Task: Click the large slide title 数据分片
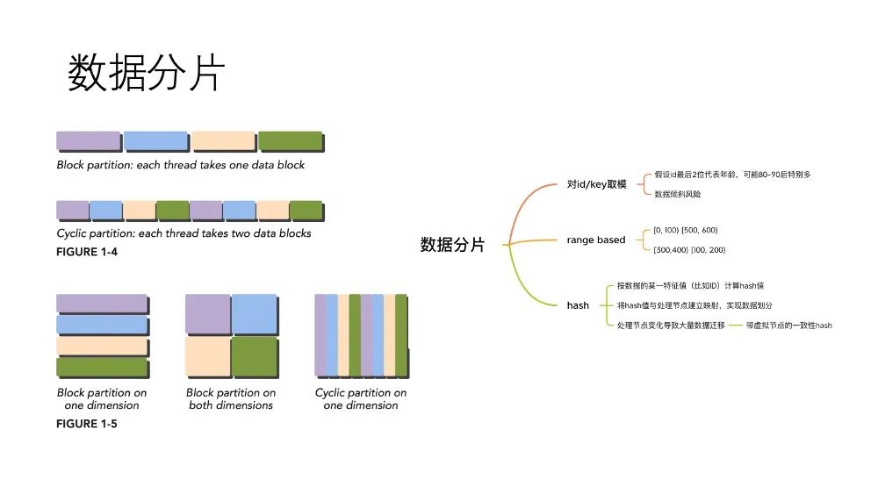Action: pos(146,73)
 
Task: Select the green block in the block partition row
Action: pos(290,140)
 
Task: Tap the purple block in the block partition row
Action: pos(89,140)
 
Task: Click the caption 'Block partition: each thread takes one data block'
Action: pos(180,165)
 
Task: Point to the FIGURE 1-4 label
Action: pos(87,252)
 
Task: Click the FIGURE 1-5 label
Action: pos(87,424)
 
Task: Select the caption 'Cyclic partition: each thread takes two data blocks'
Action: pos(184,233)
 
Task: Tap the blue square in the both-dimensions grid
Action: pos(255,314)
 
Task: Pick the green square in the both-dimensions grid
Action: pos(255,356)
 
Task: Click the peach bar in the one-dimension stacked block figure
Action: pos(102,346)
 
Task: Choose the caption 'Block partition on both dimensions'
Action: pos(231,399)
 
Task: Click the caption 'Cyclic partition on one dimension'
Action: pos(361,399)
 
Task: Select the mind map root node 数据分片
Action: pos(452,245)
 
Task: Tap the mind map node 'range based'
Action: pos(596,240)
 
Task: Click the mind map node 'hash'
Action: pos(578,305)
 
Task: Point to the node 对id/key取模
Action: pos(596,184)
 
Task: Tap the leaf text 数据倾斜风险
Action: pos(678,194)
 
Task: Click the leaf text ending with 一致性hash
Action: pos(789,325)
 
